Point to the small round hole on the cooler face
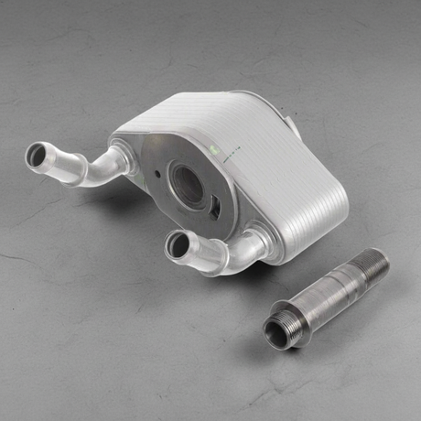[157, 172]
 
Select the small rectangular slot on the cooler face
[215, 207]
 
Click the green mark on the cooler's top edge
[216, 147]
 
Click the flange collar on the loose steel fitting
[295, 317]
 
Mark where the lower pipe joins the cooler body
[255, 243]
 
